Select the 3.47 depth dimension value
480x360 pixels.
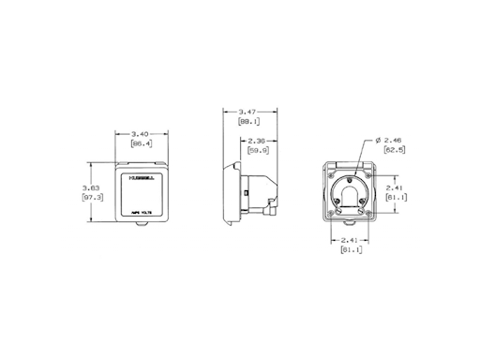click(250, 111)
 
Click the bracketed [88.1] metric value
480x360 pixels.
click(250, 121)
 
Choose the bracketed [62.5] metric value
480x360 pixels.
click(394, 149)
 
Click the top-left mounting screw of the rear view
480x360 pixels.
click(329, 171)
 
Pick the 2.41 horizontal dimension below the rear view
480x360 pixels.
click(349, 240)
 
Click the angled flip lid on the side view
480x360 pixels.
click(273, 187)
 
